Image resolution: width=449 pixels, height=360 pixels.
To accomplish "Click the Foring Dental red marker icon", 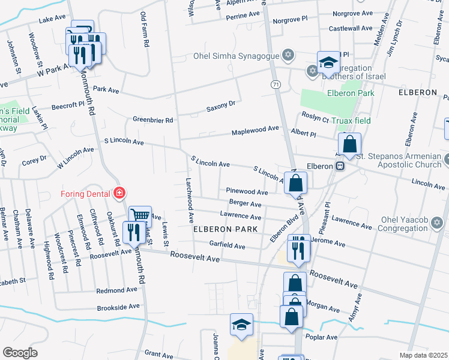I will [119, 193].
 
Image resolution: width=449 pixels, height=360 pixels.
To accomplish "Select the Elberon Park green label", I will [351, 93].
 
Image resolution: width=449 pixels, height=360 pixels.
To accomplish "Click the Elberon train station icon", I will [340, 165].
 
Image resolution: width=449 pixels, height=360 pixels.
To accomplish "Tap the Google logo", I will [20, 353].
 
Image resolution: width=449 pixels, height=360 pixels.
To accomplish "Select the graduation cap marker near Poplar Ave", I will [241, 325].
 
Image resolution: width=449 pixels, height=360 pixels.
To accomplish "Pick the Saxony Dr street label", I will [220, 106].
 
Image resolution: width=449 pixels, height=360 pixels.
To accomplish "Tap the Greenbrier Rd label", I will [152, 120].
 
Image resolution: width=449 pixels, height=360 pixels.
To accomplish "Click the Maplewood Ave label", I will [256, 128].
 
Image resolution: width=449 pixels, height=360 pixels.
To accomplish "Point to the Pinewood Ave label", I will [247, 192].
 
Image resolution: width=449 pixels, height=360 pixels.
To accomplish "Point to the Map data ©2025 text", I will [423, 355].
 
